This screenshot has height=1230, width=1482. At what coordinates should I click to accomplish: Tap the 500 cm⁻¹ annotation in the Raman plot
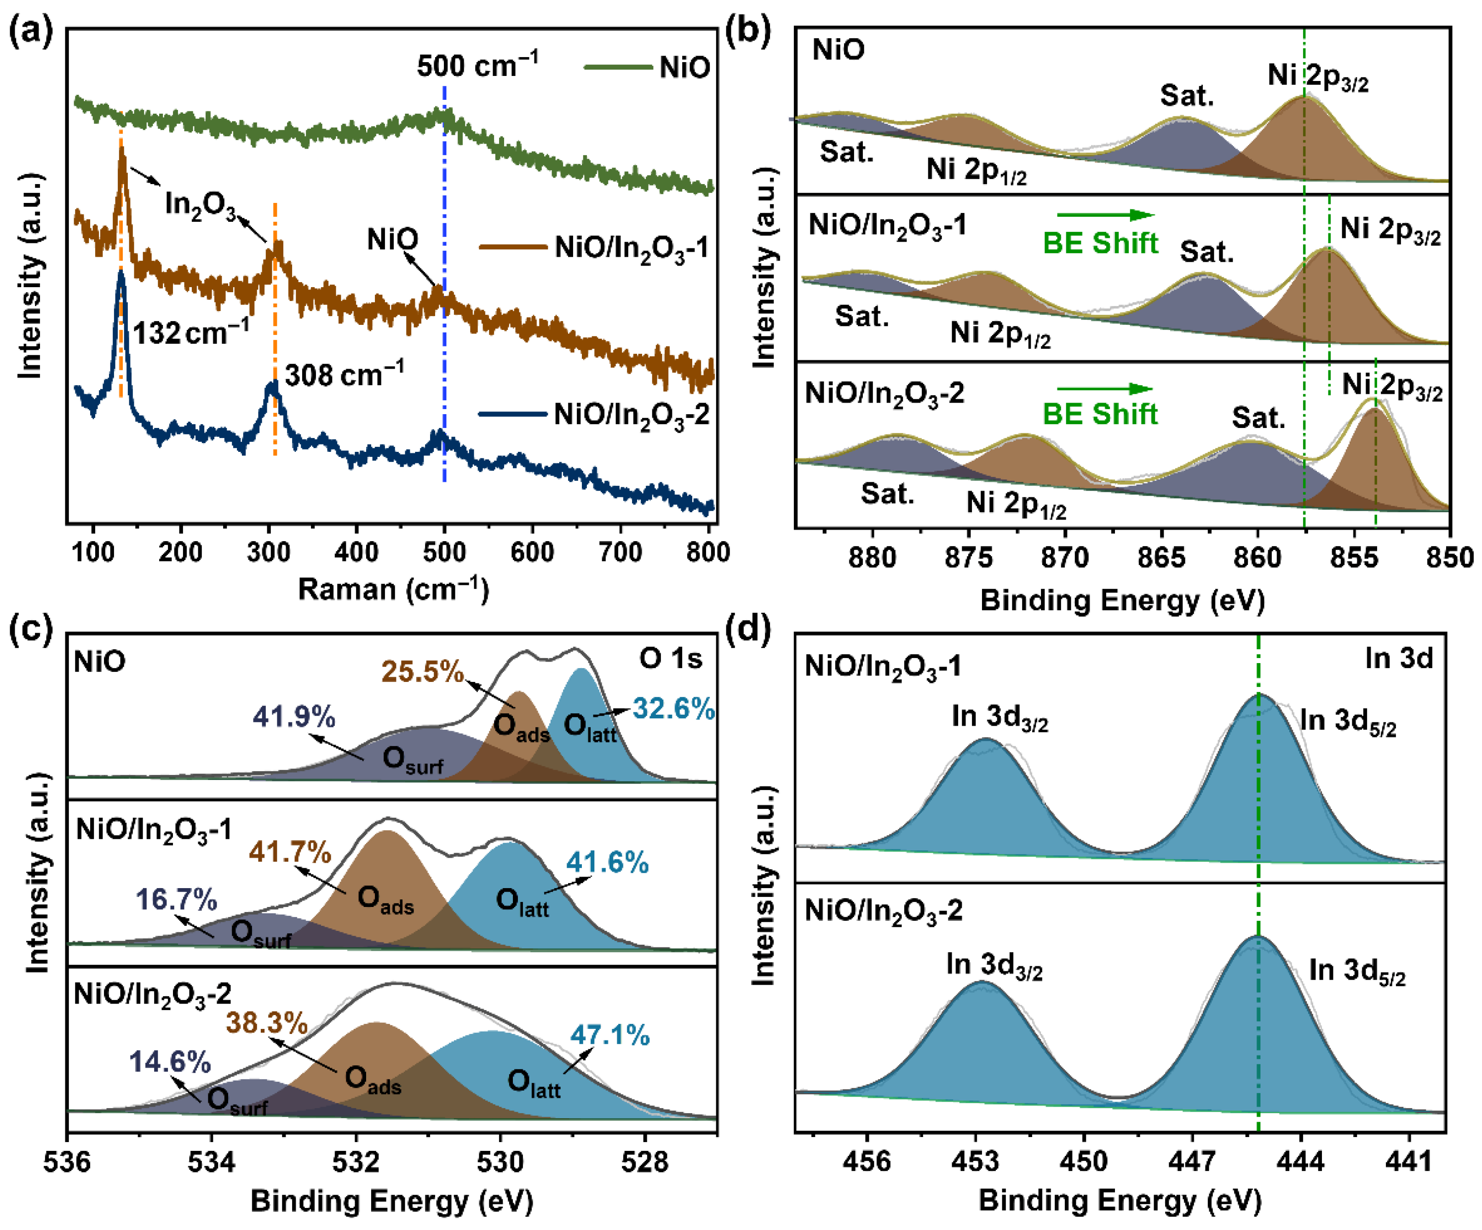pyautogui.click(x=477, y=66)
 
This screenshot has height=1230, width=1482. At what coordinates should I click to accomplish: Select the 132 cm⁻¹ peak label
pyautogui.click(x=190, y=331)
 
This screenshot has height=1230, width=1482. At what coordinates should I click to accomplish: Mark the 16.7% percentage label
pyautogui.click(x=177, y=900)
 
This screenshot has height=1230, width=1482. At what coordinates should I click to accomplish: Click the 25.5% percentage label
pyautogui.click(x=423, y=671)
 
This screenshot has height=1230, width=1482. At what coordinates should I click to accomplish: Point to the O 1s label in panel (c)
pyautogui.click(x=671, y=658)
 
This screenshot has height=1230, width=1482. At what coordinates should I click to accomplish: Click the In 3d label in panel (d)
pyautogui.click(x=1399, y=658)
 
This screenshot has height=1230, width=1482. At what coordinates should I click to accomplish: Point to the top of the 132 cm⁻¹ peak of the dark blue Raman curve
pyautogui.click(x=121, y=272)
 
